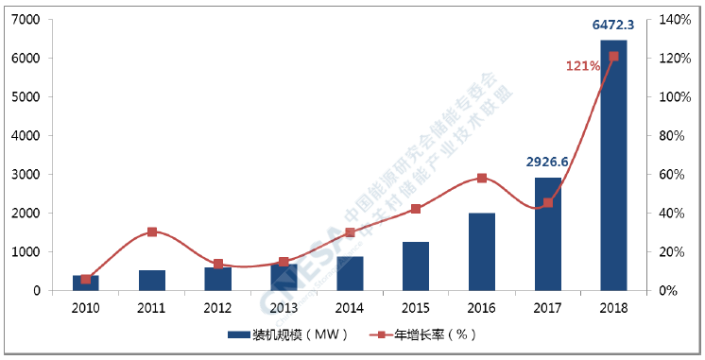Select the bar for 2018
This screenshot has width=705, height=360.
pos(613,165)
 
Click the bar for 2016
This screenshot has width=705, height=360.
pos(482,251)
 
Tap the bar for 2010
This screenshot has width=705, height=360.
pos(86,283)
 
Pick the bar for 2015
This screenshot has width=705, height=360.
pos(416,266)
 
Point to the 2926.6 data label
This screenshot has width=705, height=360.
pos(547,162)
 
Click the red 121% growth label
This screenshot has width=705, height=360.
pos(582,66)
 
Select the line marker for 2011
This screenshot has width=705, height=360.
pos(152,231)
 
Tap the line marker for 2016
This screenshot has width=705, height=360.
pos(482,178)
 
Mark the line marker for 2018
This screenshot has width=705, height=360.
pos(613,57)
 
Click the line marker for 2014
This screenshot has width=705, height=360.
pos(350,232)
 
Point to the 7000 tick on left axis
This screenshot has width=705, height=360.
pos(26,20)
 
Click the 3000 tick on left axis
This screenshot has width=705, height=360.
pos(26,175)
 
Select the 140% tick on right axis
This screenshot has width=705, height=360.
pos(671,20)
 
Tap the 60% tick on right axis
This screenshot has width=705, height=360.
pos(668,175)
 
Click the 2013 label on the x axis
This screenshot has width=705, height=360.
pos(284,307)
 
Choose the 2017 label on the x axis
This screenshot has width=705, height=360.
pos(547,307)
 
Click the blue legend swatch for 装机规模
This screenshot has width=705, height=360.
pos(238,335)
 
